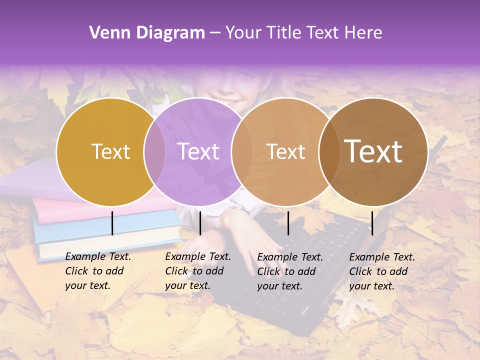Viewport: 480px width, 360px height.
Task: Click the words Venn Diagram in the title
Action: coord(147,33)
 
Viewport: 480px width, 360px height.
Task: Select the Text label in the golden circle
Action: coord(110,151)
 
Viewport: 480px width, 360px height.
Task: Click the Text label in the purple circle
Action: coord(198,151)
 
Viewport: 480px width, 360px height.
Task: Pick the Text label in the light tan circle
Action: coord(285,151)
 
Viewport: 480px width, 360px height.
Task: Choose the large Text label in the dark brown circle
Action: coord(373,151)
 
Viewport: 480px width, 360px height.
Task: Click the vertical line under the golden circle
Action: coord(112,223)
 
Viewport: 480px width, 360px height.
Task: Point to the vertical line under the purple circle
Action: coord(200,223)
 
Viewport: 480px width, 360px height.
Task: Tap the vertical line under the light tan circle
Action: coord(288,223)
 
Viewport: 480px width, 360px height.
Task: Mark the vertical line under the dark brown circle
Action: coord(372,223)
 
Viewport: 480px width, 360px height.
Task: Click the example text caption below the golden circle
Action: coord(98,271)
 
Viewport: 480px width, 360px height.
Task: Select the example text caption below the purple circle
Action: coord(198,271)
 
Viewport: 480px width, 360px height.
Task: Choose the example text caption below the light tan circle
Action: coord(290,271)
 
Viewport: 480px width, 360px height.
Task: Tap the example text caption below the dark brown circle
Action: coord(382,271)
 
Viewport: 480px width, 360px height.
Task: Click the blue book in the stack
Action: coord(100,227)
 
